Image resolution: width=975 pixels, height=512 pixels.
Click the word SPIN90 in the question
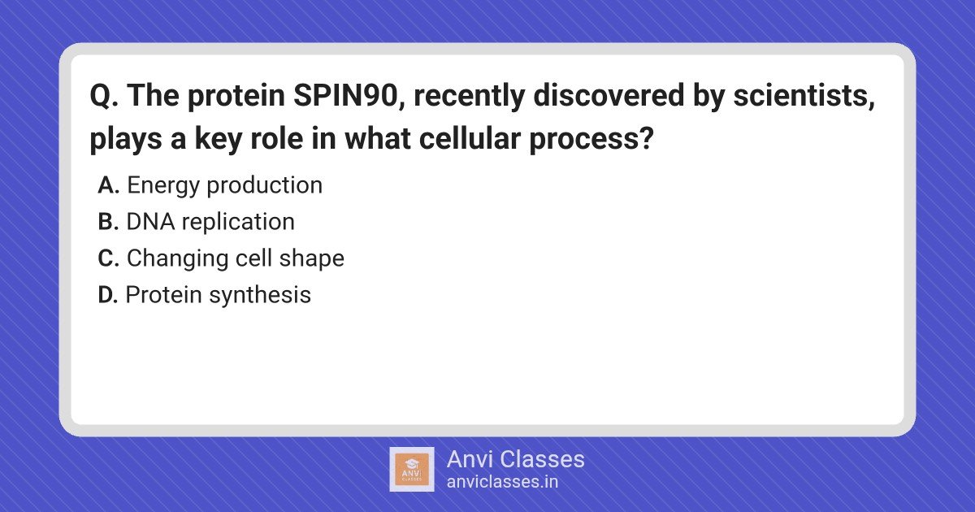click(x=346, y=95)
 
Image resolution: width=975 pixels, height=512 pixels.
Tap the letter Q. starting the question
click(x=104, y=96)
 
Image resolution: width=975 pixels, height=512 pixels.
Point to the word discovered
click(x=609, y=95)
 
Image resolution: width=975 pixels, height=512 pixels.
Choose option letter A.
click(x=108, y=185)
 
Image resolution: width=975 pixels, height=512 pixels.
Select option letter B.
click(x=108, y=222)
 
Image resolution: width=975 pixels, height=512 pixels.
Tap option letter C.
click(x=108, y=258)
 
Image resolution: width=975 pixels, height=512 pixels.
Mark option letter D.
click(x=108, y=295)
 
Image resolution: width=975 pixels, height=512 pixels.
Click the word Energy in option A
click(x=163, y=186)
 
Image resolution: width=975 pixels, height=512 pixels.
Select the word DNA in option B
click(x=150, y=222)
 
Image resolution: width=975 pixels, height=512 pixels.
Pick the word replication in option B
click(x=238, y=223)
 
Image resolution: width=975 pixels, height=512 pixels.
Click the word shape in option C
click(x=312, y=259)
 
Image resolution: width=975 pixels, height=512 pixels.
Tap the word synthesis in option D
click(x=260, y=296)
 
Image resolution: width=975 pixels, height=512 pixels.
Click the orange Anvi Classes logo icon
click(x=412, y=470)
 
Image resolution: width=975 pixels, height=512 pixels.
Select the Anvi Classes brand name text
click(x=515, y=459)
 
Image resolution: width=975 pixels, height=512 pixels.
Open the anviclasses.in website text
click(x=502, y=482)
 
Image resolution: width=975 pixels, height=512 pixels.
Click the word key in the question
click(x=218, y=139)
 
